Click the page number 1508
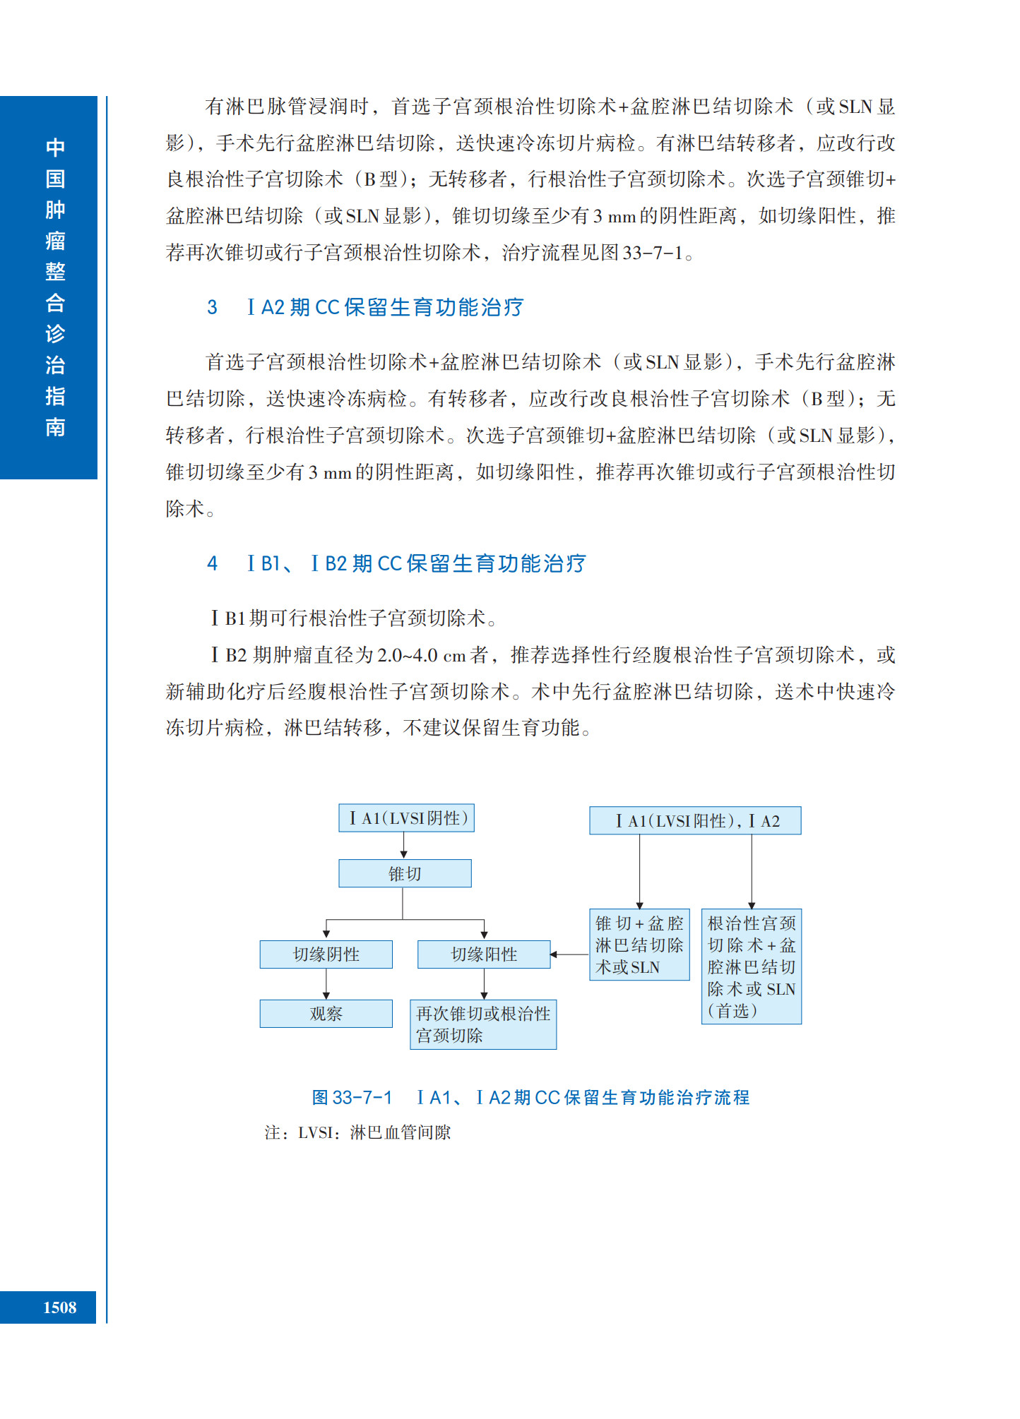[x=59, y=1307]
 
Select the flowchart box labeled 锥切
[x=405, y=873]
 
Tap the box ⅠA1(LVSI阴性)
[x=406, y=818]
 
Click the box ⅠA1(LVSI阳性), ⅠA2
[x=695, y=820]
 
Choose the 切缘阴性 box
[x=326, y=954]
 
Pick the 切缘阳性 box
[x=484, y=954]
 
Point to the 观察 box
[x=326, y=1014]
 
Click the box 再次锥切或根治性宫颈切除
[x=483, y=1024]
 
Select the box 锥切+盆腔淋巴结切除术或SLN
[x=639, y=945]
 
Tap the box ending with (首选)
[x=752, y=966]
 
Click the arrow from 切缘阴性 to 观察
[x=326, y=984]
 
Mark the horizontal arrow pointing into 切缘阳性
[x=569, y=954]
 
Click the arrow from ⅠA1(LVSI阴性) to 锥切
[x=404, y=846]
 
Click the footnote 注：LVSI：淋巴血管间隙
[x=357, y=1133]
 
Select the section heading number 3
[x=212, y=308]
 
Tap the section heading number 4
[x=212, y=563]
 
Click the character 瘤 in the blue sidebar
[x=55, y=241]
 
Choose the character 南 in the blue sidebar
[x=55, y=427]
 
